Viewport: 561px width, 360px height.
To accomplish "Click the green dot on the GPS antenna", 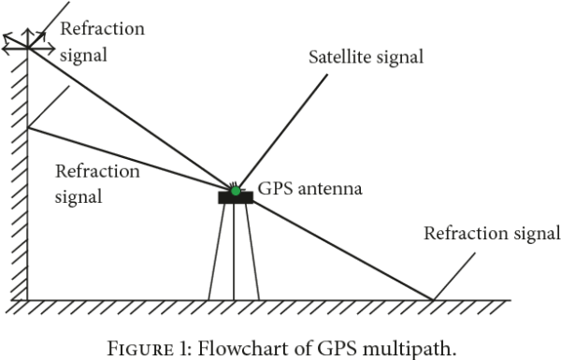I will coord(235,192).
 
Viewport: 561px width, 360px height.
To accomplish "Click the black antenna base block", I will coord(234,198).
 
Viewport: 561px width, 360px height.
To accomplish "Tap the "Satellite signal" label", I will coord(367,57).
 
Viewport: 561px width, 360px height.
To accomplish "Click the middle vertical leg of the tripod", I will coord(234,252).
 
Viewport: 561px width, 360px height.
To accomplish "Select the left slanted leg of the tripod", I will coord(217,252).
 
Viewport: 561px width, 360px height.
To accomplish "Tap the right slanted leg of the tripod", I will coord(252,252).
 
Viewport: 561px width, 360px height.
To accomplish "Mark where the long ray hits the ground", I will coord(433,299).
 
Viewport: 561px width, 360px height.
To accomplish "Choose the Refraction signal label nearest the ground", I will coord(491,233).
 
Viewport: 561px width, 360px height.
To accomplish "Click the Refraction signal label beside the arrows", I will coord(102,41).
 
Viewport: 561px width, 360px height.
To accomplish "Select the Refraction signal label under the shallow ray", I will coord(97,184).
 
